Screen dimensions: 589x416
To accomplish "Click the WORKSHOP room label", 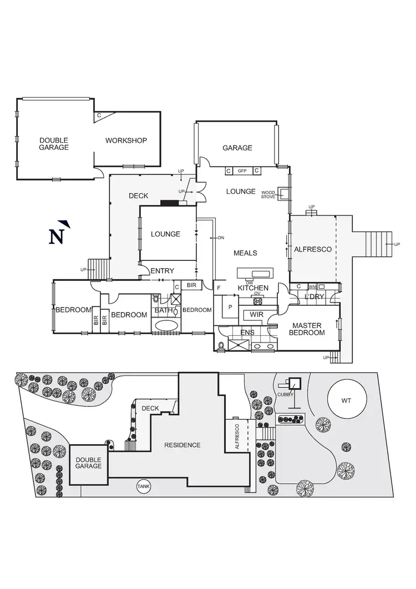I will [126, 140].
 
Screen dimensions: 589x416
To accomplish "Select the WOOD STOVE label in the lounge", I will [268, 194].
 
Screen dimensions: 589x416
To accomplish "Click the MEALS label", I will [245, 253].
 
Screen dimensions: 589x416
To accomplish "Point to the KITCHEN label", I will [253, 288].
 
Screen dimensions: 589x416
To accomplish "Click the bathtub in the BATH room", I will [166, 325].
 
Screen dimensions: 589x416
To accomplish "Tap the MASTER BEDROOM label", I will [308, 329].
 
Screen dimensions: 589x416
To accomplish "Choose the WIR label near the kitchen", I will [256, 315].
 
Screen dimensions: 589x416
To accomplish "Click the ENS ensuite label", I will [247, 333].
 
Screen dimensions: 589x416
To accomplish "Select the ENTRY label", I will [163, 271].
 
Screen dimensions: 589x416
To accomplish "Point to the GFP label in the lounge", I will [242, 170].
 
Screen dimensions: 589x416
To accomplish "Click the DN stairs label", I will [220, 238].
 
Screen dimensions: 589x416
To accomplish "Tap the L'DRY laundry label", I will [314, 298].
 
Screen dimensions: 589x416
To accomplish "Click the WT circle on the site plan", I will [346, 400].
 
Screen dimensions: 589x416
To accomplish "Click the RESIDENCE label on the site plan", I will [182, 445].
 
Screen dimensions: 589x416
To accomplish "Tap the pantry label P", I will [230, 306].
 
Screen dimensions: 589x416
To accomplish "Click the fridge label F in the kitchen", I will [219, 288].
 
